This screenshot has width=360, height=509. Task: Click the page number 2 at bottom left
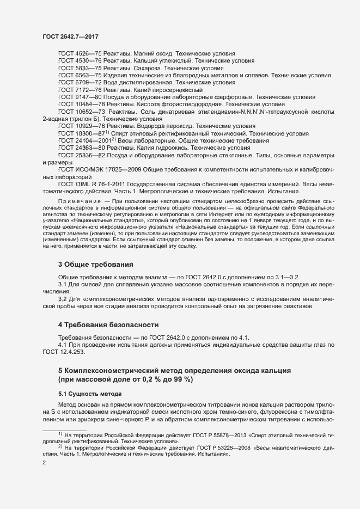pyautogui.click(x=44, y=463)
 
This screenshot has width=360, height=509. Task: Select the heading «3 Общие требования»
pyautogui.click(x=95, y=264)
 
